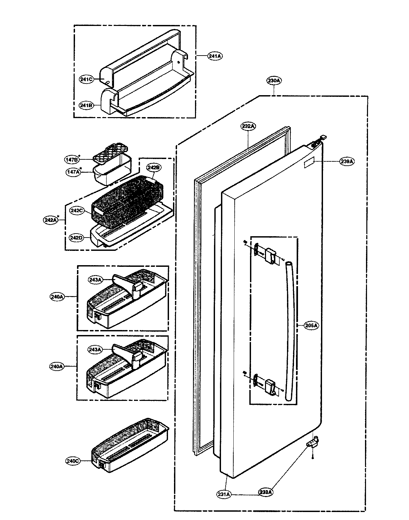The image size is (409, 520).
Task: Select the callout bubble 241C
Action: [86, 80]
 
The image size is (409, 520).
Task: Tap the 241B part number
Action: [86, 105]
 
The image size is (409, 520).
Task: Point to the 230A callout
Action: [274, 81]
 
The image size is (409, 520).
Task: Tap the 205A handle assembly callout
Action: [311, 326]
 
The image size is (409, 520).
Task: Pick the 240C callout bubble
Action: [73, 461]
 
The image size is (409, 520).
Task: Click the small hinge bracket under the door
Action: [313, 443]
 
